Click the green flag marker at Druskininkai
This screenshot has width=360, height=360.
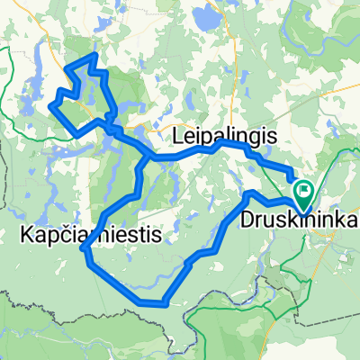[x=303, y=191]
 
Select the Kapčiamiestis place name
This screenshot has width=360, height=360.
[x=90, y=236]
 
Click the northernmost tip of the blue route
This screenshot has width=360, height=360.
[x=93, y=56]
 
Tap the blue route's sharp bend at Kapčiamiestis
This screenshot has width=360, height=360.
[x=84, y=248]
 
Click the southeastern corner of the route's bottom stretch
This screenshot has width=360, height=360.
[x=165, y=302]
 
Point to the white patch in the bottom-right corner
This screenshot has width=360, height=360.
[x=346, y=346]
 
